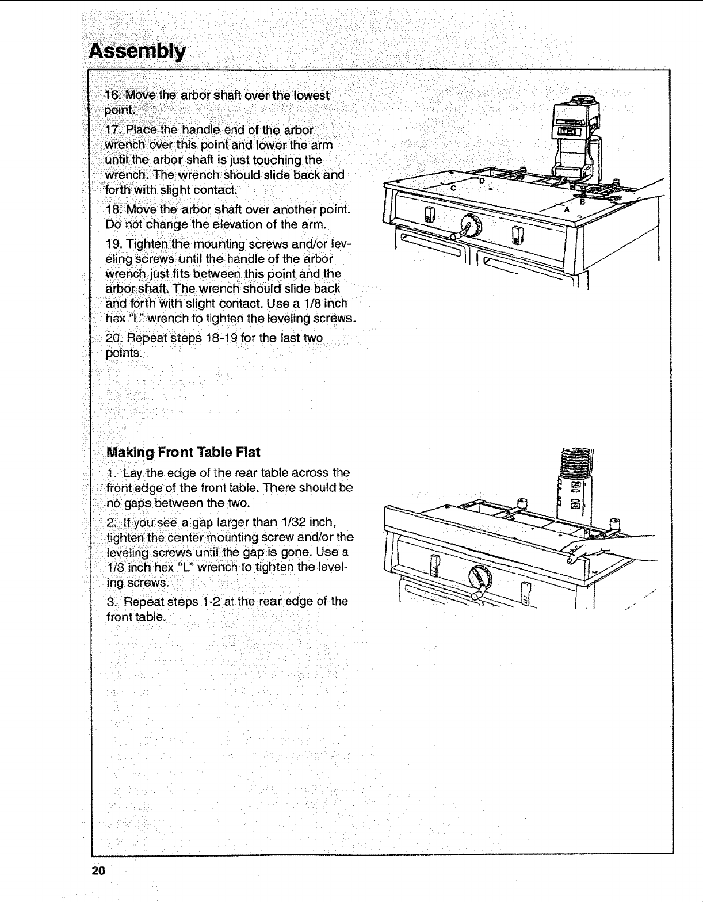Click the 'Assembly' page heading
pos(137,52)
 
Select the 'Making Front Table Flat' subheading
pos(184,452)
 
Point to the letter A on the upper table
pos(566,209)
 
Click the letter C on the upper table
pos(453,189)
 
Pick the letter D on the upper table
pos(482,181)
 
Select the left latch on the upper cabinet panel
pos(427,217)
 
